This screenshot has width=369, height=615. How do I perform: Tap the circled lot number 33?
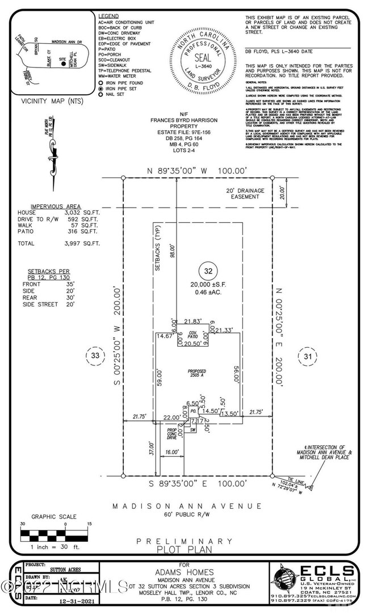(x=95, y=356)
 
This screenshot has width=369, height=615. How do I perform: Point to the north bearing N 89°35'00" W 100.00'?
(x=198, y=170)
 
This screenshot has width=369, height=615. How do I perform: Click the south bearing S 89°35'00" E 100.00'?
(x=198, y=483)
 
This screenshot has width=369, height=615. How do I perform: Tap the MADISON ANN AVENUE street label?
(x=187, y=506)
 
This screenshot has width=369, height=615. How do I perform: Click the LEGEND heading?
(x=109, y=16)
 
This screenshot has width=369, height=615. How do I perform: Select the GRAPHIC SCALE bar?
(x=55, y=534)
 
